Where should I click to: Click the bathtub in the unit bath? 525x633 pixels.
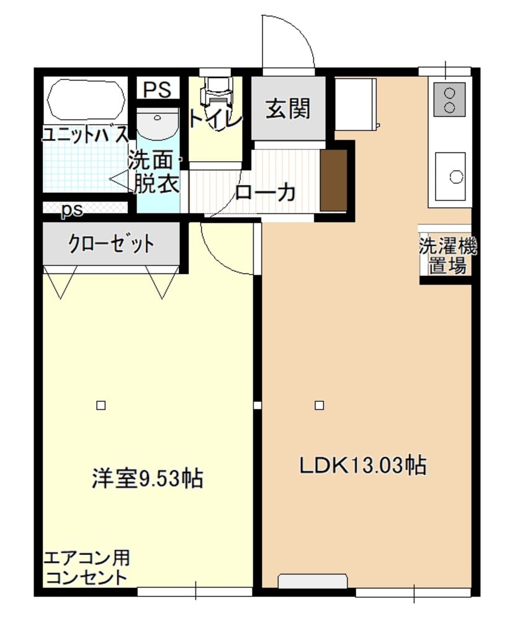point(83,100)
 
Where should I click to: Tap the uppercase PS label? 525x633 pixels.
point(156,89)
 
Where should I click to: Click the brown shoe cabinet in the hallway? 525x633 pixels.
point(333,180)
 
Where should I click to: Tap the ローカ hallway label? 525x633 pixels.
point(264,193)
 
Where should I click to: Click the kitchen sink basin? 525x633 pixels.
point(452,177)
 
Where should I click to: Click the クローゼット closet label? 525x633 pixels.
point(111,244)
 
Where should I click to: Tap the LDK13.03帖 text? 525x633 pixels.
point(363,465)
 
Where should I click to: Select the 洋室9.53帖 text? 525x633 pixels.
point(148,478)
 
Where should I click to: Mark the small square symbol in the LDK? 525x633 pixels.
point(319,405)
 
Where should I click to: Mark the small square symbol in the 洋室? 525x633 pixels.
point(101,405)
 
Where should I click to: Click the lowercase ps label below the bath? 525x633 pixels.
point(71,210)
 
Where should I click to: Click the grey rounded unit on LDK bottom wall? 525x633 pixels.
point(313,581)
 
